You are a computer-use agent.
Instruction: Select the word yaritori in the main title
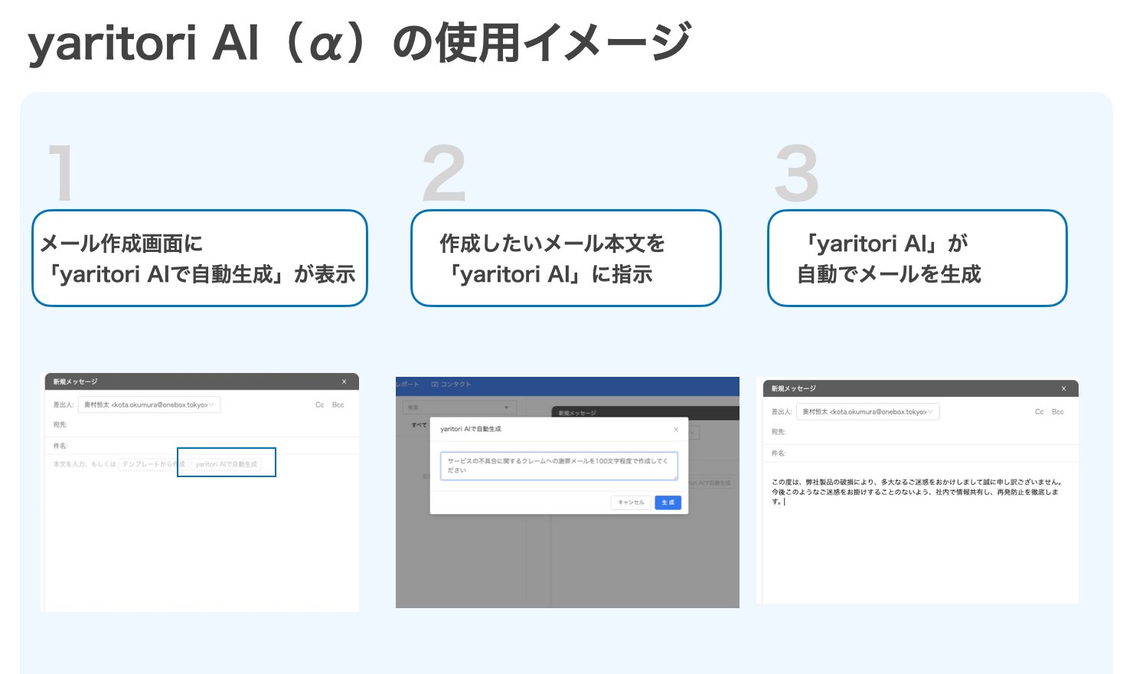pos(111,43)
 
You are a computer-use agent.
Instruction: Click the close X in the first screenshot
pos(344,381)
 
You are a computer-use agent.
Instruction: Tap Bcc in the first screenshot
pos(338,404)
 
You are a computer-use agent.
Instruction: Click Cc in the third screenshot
pos(1039,412)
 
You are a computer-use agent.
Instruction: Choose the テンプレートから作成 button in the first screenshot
pos(153,464)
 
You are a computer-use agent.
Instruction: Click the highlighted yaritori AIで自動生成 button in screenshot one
pos(226,464)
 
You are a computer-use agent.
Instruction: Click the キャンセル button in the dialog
pos(631,502)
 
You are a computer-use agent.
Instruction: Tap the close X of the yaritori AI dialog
pos(675,430)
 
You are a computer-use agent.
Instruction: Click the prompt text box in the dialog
pos(559,466)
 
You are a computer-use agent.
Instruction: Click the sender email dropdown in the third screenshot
pos(867,412)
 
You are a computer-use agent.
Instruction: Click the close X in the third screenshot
pos(1063,388)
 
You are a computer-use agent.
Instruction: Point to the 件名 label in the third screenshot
pos(778,453)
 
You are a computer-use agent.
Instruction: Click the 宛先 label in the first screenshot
pos(60,424)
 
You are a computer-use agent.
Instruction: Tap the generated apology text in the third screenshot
pos(916,492)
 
